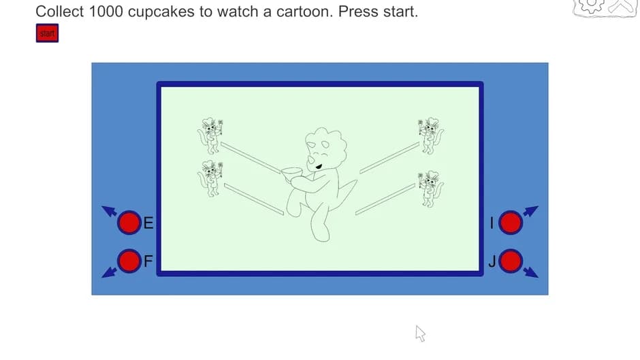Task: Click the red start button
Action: point(47,33)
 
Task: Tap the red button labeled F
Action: point(129,261)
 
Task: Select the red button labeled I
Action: point(511,223)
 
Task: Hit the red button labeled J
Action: point(511,261)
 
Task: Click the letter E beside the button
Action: point(148,223)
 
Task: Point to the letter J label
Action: point(492,261)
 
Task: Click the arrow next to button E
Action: point(109,211)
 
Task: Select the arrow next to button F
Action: point(109,272)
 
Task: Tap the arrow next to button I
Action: point(530,211)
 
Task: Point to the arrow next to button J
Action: point(530,272)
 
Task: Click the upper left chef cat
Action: point(210,135)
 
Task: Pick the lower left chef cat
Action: point(210,179)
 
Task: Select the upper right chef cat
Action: point(430,135)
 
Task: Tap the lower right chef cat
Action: point(430,189)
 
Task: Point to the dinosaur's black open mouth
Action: point(319,166)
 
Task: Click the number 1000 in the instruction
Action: point(106,12)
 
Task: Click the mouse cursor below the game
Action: point(420,333)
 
